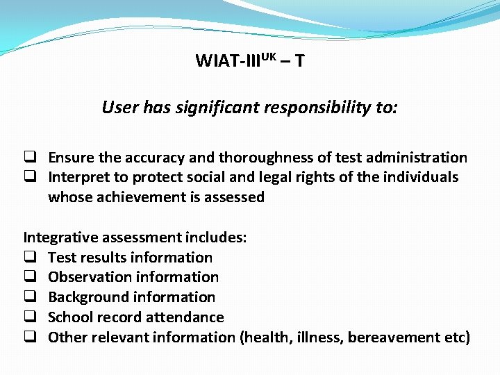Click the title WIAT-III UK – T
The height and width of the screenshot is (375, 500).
(249, 61)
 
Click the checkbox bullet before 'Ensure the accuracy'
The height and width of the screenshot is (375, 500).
(32, 158)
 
